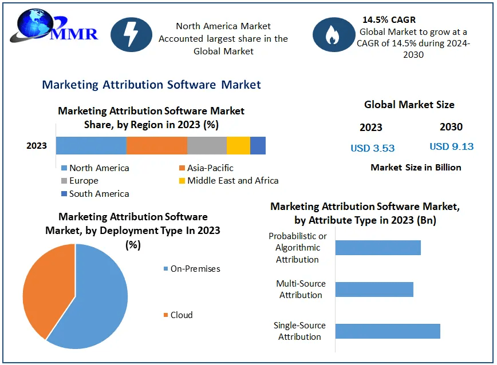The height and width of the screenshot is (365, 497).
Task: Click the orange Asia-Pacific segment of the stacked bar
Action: tap(157, 146)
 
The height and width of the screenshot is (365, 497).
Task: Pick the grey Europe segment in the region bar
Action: tap(207, 146)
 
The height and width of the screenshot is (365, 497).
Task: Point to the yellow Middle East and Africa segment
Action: tap(238, 146)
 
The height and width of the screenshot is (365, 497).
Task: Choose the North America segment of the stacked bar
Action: tap(91, 146)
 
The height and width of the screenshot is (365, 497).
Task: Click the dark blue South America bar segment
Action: tap(258, 146)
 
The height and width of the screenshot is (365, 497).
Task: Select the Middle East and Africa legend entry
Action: tap(228, 181)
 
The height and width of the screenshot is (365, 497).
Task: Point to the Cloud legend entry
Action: tap(178, 315)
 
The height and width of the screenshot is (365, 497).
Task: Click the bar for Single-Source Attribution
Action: tap(388, 331)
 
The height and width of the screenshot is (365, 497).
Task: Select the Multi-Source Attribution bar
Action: tap(374, 289)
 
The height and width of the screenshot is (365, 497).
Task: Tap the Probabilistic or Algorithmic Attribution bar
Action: tap(378, 248)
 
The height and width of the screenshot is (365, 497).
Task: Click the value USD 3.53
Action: tap(373, 148)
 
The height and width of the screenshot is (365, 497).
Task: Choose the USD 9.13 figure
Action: tap(452, 146)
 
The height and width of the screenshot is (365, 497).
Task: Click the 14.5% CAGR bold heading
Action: tap(389, 20)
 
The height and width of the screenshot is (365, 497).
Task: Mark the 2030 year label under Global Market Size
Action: tap(451, 127)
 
